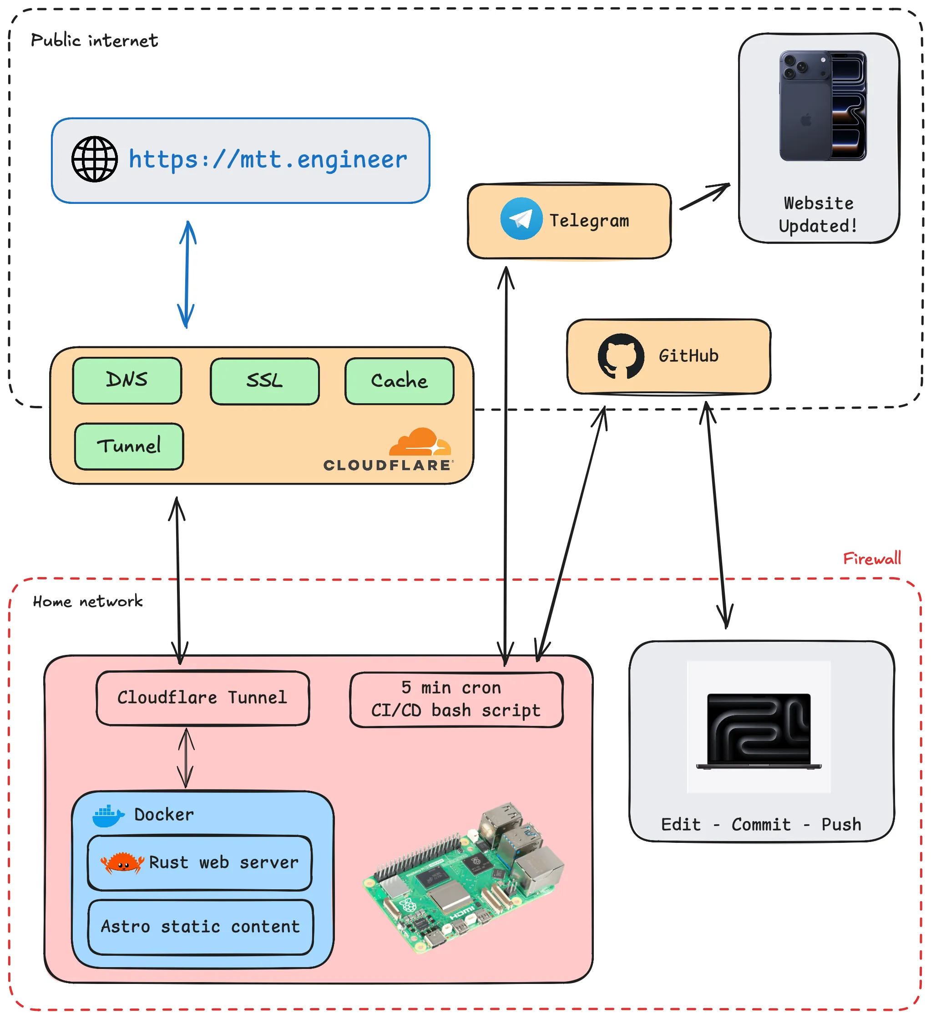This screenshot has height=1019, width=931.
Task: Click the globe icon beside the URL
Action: pyautogui.click(x=95, y=159)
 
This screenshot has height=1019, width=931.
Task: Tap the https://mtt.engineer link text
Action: pyautogui.click(x=268, y=160)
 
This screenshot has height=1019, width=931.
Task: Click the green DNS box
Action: pyautogui.click(x=127, y=380)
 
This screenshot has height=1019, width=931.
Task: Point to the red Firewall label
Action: pyautogui.click(x=872, y=559)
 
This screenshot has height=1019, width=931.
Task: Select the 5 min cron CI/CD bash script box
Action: pyautogui.click(x=456, y=700)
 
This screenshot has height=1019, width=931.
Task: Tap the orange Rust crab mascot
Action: pyautogui.click(x=122, y=863)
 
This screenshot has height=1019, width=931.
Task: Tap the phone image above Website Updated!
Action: pyautogui.click(x=823, y=106)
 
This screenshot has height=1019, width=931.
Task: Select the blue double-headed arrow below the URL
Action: pyautogui.click(x=187, y=274)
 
